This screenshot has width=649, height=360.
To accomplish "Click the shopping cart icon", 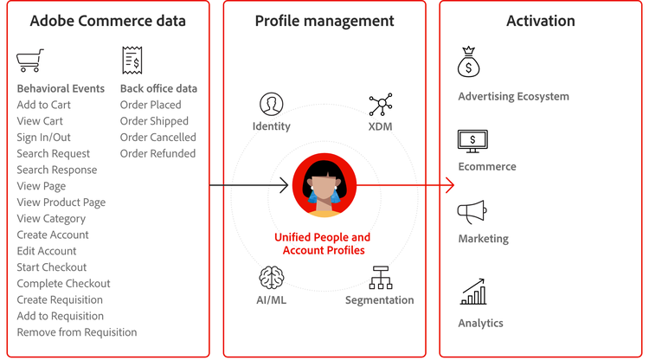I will tap(29, 61).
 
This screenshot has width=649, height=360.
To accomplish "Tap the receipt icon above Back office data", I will tap(132, 60).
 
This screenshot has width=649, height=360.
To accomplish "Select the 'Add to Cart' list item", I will tap(44, 105).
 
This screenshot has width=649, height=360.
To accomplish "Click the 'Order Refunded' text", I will tap(157, 153).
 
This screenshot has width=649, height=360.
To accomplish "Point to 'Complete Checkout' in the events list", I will tap(64, 283).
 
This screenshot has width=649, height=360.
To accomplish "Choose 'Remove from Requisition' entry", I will tap(77, 331).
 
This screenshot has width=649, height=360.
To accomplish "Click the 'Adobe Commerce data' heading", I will tap(107, 21).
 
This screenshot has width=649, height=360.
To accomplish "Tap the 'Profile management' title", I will tap(324, 21).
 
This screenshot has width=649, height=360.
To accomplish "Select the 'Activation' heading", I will tap(541, 21).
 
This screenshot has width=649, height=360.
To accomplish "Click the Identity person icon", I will tap(272, 105).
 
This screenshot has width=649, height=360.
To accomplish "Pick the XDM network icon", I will tap(381, 105).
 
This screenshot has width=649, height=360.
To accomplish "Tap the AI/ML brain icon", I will tap(272, 278).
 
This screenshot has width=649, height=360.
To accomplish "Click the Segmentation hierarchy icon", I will tap(381, 278).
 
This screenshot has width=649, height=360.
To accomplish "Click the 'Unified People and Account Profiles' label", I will tap(322, 243).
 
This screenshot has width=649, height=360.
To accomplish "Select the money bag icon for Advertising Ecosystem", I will tap(469, 63).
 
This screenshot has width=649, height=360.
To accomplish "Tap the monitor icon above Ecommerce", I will tap(472, 140).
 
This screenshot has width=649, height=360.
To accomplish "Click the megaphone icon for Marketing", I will tap(472, 212).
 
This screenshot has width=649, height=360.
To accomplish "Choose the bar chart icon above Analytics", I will tap(472, 292).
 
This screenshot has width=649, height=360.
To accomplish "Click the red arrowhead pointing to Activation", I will tap(448, 184).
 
